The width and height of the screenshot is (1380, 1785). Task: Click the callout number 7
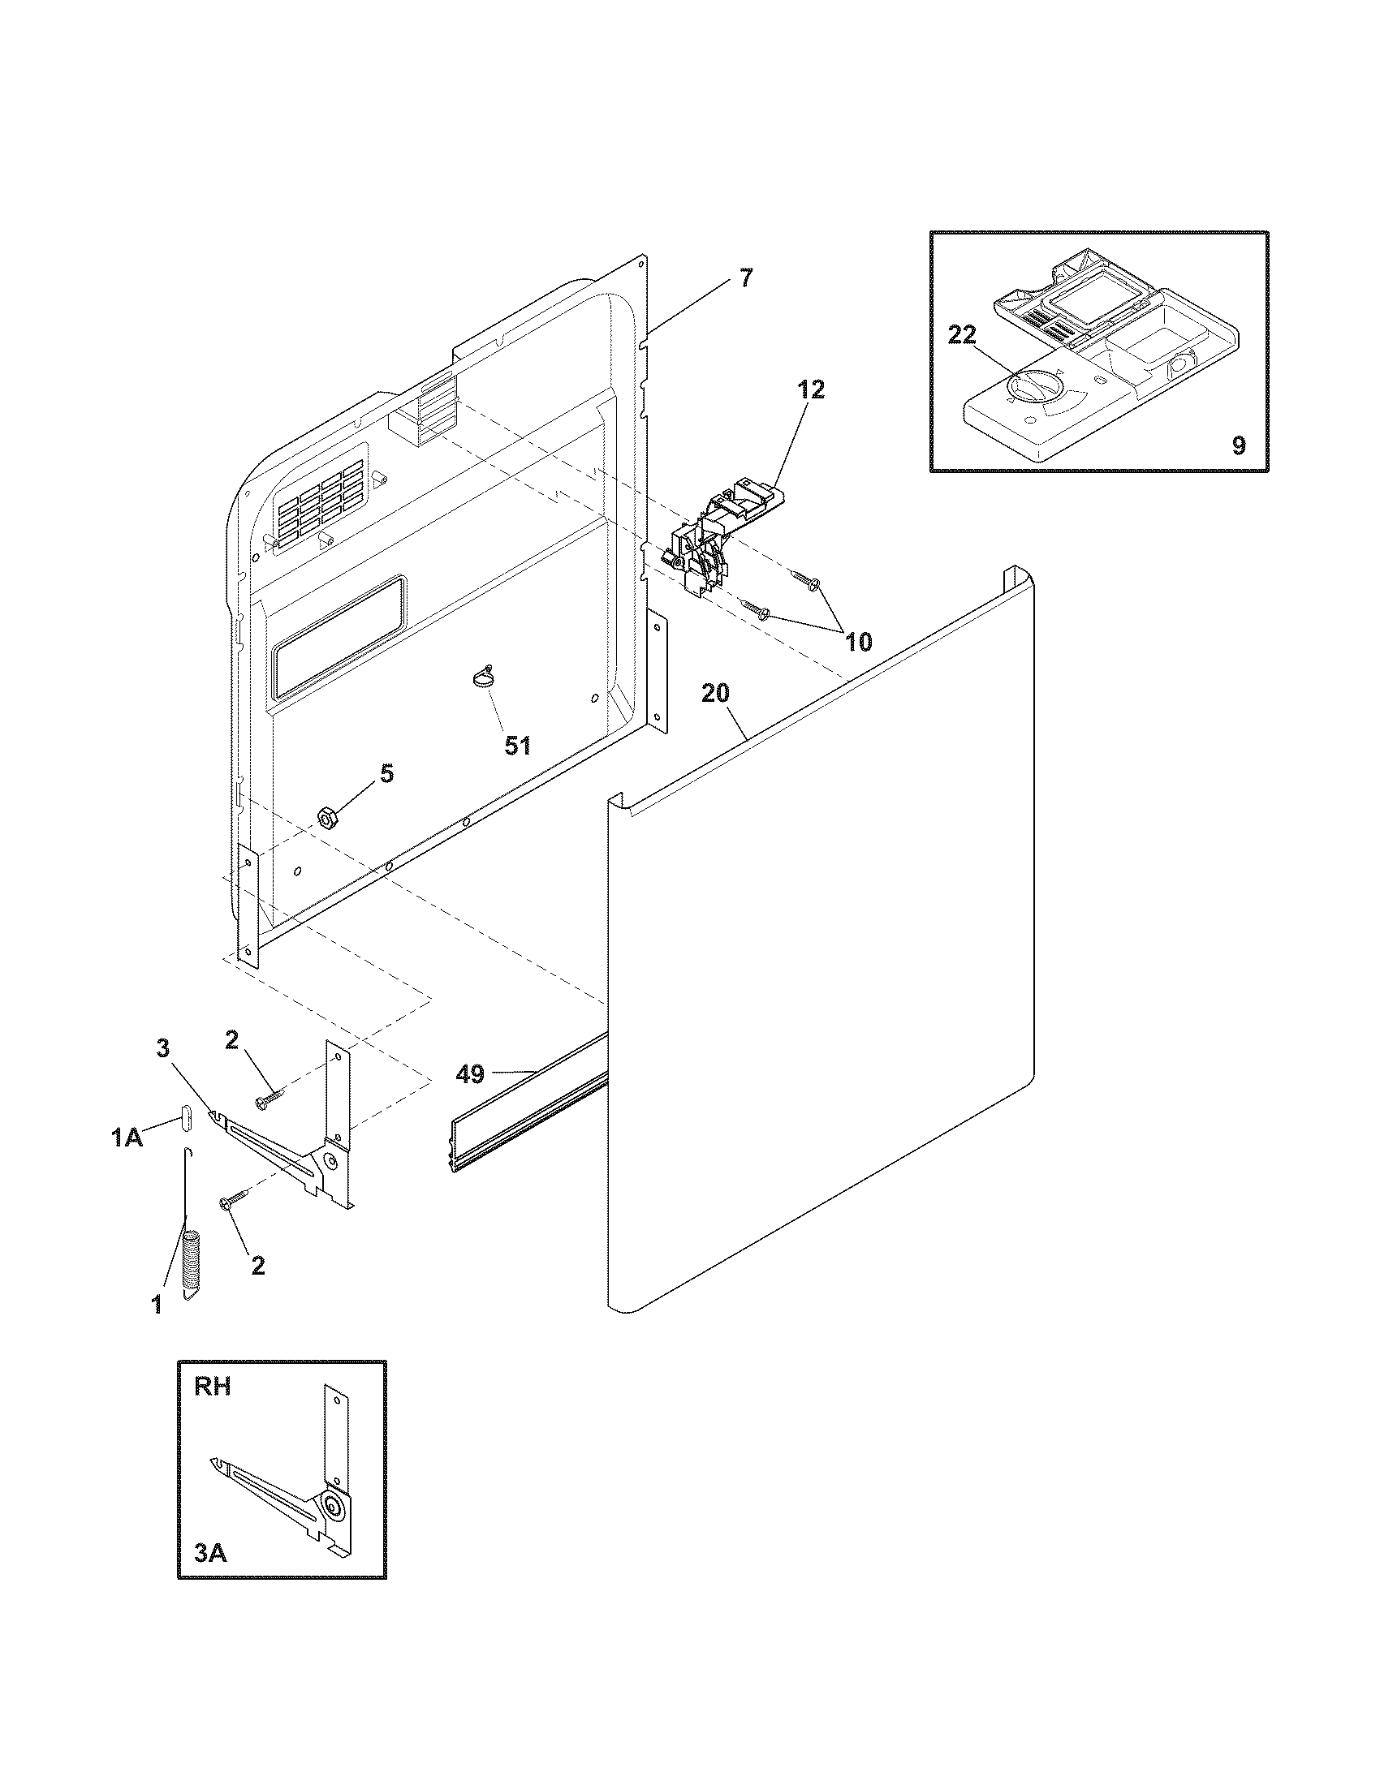(x=744, y=277)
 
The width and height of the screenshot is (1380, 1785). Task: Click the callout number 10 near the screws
(x=856, y=641)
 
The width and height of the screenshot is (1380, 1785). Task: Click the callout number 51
(x=516, y=745)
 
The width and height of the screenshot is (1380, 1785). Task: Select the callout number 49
(x=470, y=1074)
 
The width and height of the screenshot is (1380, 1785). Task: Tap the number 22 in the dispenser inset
(x=961, y=335)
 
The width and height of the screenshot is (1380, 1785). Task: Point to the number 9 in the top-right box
(x=1239, y=446)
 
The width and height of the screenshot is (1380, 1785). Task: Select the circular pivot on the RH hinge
(x=334, y=1503)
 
